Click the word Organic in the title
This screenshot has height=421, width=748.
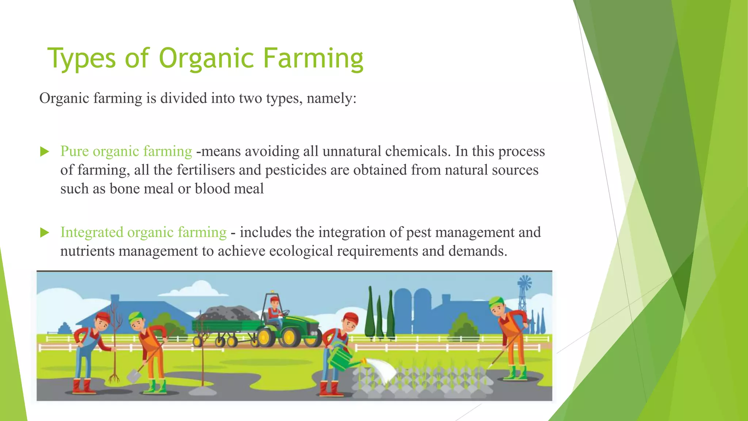point(206,58)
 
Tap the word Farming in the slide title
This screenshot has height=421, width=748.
point(313,58)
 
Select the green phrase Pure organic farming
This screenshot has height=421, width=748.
point(126,151)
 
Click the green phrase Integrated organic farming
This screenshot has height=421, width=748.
point(143,232)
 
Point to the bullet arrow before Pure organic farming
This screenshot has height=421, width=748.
point(45,152)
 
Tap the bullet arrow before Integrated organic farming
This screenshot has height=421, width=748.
point(45,233)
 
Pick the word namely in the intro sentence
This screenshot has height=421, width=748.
point(329,98)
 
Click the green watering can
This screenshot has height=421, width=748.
point(341,358)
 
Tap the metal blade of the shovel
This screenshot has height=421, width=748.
point(134,375)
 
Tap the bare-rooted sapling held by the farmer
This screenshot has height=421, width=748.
point(115,344)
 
